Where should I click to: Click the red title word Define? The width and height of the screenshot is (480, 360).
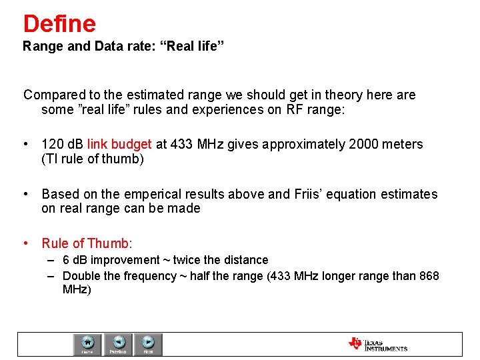click(x=59, y=24)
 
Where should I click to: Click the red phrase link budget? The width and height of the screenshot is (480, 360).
click(x=119, y=145)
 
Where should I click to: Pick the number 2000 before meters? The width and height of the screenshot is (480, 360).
click(x=367, y=145)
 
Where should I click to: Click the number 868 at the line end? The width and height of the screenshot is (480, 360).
click(x=429, y=276)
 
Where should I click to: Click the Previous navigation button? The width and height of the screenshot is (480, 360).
click(x=118, y=345)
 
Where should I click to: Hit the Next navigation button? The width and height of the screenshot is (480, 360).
click(x=148, y=345)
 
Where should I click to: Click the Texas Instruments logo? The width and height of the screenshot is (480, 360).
click(x=377, y=344)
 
